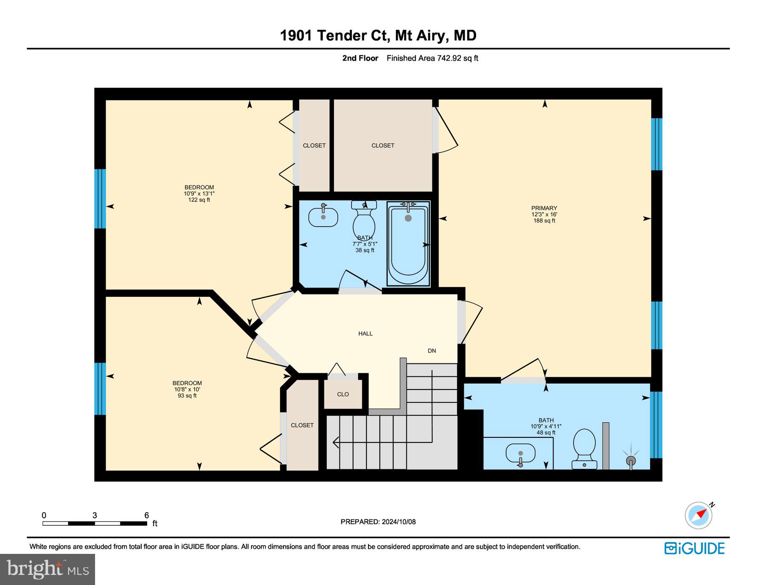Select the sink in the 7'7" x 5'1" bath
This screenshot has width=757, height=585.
coord(323,217)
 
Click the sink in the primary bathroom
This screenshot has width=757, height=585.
coord(520,454)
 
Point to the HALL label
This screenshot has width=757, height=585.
coord(365,334)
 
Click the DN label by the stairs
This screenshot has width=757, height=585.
coord(431,351)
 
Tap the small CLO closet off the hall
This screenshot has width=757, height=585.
coord(343,394)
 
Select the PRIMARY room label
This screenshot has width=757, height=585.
coord(544,208)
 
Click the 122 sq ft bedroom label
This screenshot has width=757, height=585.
coord(199,193)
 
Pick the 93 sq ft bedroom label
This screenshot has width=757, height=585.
coord(187,389)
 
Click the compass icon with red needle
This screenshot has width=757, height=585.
coord(699,515)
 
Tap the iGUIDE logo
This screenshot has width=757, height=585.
coord(694,548)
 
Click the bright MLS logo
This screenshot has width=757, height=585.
coord(48,569)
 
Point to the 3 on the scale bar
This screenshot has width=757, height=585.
coord(95,515)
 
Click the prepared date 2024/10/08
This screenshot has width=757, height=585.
coord(398,521)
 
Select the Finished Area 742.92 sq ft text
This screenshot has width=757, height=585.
coord(432,58)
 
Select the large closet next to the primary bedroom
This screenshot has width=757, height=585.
coord(383,146)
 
